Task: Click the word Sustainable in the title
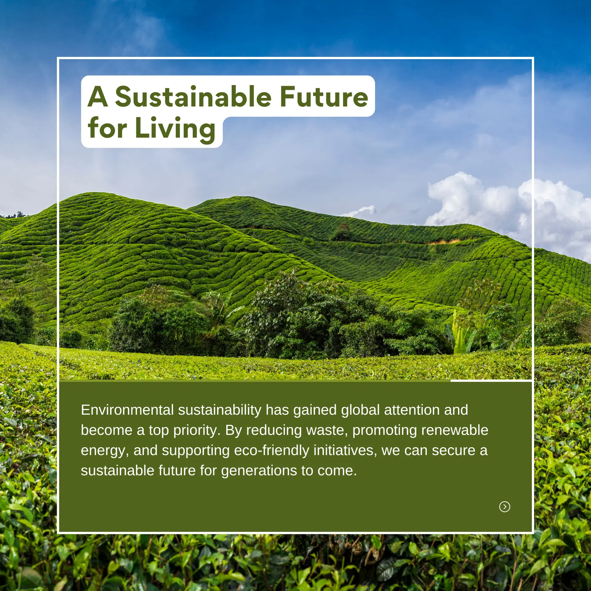point(193,97)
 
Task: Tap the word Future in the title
point(324,97)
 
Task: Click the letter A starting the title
point(98,97)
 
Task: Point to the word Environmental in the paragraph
point(127,410)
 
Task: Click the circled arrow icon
point(505,506)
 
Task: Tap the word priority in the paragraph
point(196,430)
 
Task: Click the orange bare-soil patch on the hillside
point(443,242)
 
